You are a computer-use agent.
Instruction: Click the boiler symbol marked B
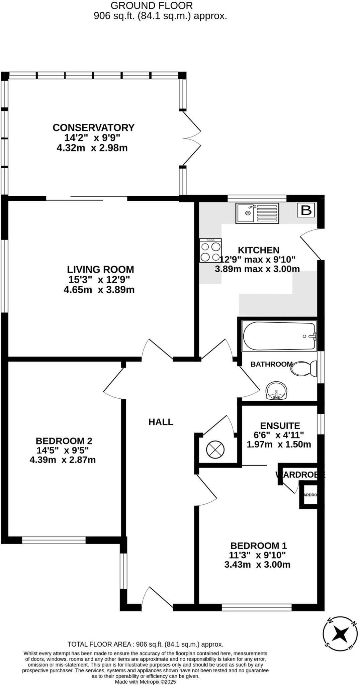[x=306, y=210]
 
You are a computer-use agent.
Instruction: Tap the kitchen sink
[x=257, y=213]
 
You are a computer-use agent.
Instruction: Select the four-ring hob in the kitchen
[x=210, y=251]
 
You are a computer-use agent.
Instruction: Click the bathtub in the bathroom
[x=279, y=336]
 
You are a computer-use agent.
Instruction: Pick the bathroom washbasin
[x=276, y=391]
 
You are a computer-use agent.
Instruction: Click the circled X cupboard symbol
[x=215, y=450]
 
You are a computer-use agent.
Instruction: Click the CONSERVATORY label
[x=93, y=128]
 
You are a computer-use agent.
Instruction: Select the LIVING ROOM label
[x=100, y=269]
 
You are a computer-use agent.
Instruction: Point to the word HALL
[x=161, y=422]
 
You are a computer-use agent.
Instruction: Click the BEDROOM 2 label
[x=64, y=441]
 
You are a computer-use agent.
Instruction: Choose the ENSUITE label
[x=280, y=426]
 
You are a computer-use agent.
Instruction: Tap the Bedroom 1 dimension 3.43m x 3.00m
[x=257, y=565]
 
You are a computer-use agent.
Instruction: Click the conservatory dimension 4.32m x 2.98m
[x=92, y=148]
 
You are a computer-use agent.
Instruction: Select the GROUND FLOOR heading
[x=152, y=6]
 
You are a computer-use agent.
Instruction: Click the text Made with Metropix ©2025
[x=145, y=681]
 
